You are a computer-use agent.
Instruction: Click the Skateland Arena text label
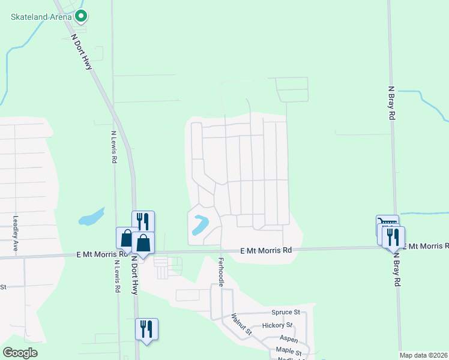point(41,17)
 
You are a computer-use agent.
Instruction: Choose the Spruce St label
point(286,313)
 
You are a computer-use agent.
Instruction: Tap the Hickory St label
point(282,325)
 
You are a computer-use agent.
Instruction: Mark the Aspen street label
point(289,339)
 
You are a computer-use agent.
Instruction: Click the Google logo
point(20,353)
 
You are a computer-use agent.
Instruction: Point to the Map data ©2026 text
point(424,355)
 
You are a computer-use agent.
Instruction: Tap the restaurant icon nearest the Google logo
point(146,329)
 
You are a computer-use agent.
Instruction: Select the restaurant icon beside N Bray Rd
point(393,238)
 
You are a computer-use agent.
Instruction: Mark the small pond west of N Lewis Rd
point(91,216)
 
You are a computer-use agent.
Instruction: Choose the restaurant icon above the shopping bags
point(143,221)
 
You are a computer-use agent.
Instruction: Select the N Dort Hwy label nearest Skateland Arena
point(82,52)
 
